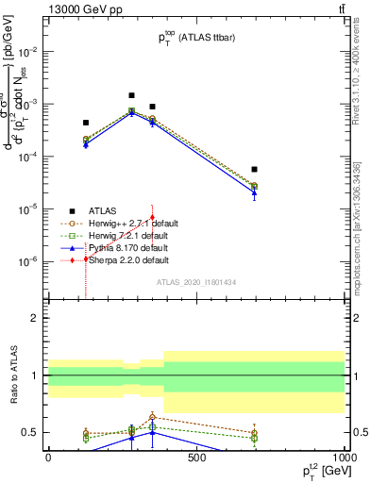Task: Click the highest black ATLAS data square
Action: click(132, 95)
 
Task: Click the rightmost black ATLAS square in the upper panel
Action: click(255, 170)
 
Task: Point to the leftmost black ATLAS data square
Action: click(86, 123)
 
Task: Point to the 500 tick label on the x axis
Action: click(196, 458)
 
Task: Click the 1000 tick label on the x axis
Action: click(345, 458)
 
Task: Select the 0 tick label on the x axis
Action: click(48, 458)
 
